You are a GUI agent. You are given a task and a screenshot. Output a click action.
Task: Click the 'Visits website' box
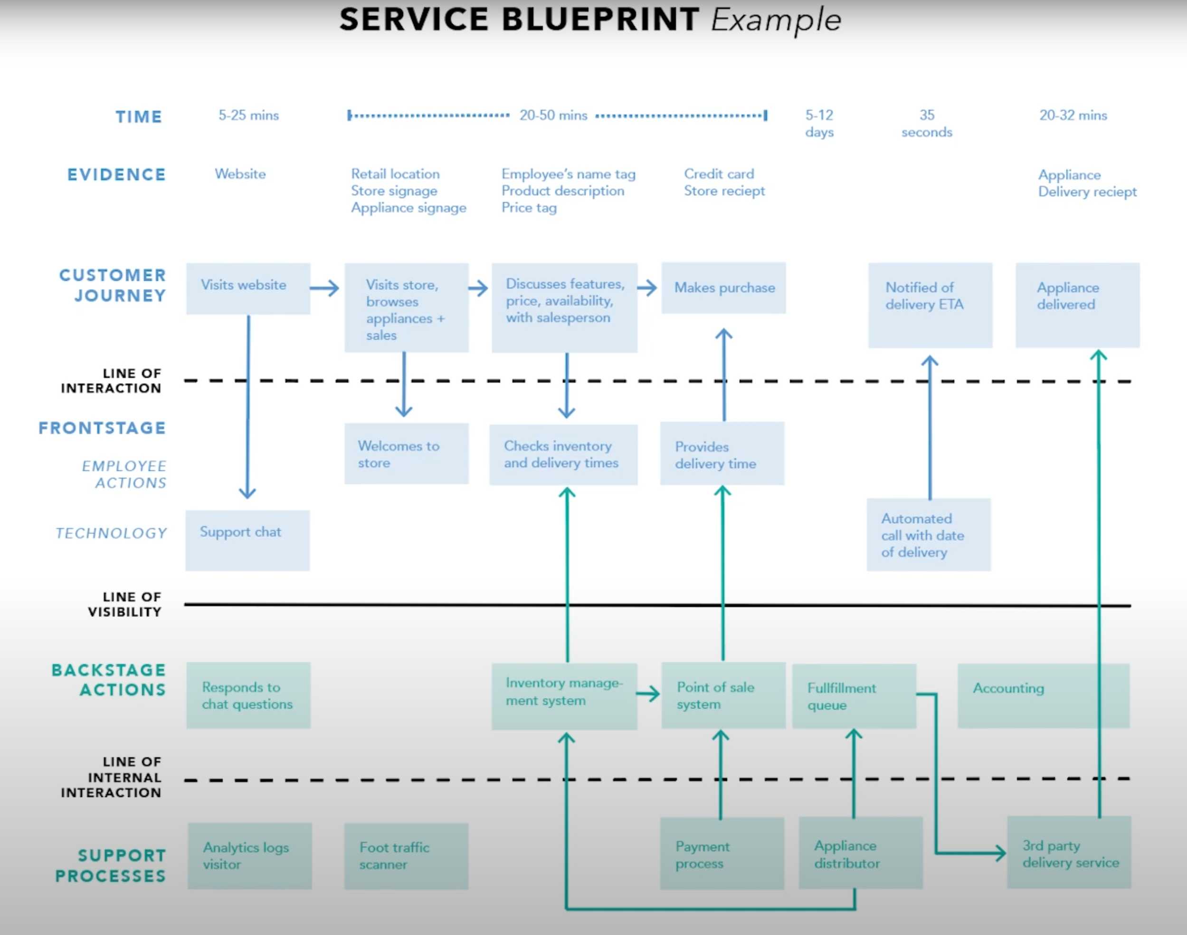tap(248, 289)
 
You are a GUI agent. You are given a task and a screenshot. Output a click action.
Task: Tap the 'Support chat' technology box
tap(247, 540)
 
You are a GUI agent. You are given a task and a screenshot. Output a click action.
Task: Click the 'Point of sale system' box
tap(723, 695)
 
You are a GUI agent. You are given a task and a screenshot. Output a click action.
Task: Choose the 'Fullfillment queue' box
tap(854, 696)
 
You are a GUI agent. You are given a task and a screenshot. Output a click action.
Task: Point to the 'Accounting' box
tap(1043, 695)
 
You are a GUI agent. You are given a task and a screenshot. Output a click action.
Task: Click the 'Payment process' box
tap(722, 854)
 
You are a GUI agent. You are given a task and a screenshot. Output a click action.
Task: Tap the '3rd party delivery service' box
tap(1069, 853)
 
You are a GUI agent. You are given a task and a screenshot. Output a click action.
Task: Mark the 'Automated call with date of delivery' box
tap(928, 535)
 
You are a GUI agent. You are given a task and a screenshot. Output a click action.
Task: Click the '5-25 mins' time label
tap(248, 116)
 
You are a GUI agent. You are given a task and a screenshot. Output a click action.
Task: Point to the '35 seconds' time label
tap(927, 124)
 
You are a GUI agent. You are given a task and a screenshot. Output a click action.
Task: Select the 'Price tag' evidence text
tap(529, 208)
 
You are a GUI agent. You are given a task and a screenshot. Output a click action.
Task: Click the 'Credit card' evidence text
tap(719, 174)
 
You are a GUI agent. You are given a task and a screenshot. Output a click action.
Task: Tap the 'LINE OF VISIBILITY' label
tap(125, 604)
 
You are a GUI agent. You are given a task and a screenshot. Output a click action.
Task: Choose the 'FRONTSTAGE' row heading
tap(102, 428)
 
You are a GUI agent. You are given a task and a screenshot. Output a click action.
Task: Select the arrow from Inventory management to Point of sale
tap(648, 694)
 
